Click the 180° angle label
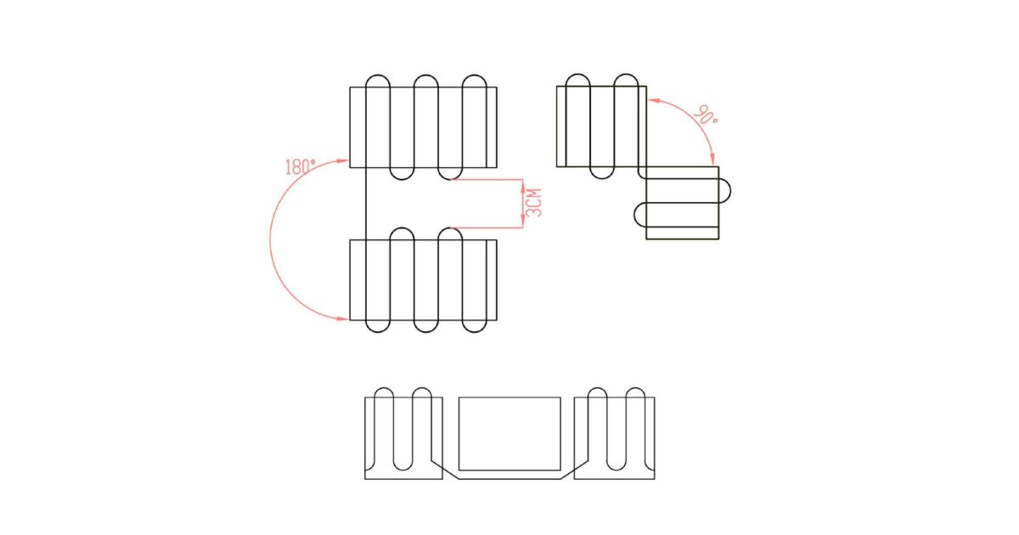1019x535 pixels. point(301,166)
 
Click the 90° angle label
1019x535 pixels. point(706,115)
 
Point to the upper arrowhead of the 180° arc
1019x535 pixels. point(342,160)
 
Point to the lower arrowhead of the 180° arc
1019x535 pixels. point(342,318)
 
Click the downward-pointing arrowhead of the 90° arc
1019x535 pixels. point(712,160)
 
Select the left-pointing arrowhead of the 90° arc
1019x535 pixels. point(654,100)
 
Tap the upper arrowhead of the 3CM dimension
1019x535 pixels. point(523,186)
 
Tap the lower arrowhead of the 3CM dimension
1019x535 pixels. point(523,221)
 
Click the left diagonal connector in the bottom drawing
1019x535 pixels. point(445,470)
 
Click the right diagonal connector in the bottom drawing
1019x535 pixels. point(574,470)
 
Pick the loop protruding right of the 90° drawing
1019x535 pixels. point(724,190)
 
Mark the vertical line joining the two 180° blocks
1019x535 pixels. point(366,203)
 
